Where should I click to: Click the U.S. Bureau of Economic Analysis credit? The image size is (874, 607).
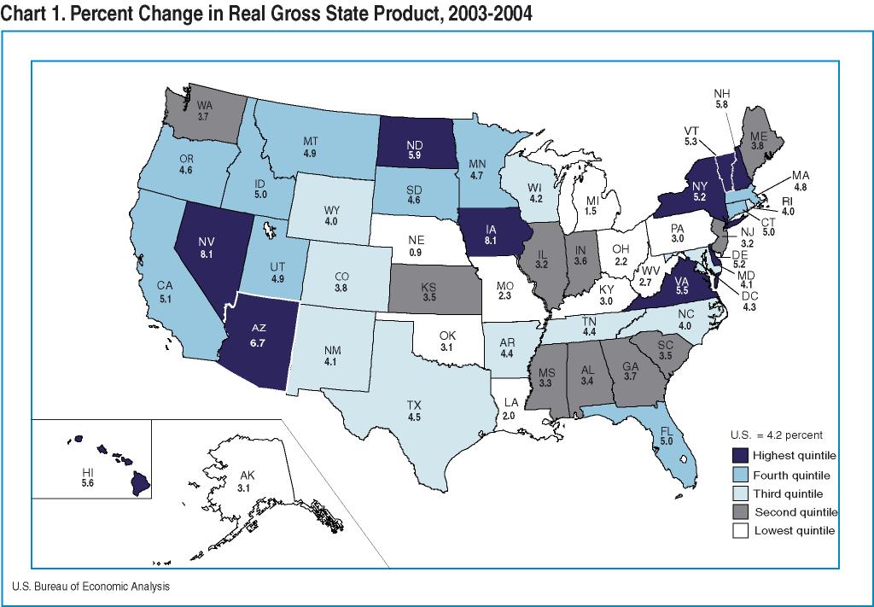pos(90,587)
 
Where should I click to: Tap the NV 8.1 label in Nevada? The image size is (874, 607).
pos(203,247)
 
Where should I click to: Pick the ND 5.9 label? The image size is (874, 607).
pos(414,150)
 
